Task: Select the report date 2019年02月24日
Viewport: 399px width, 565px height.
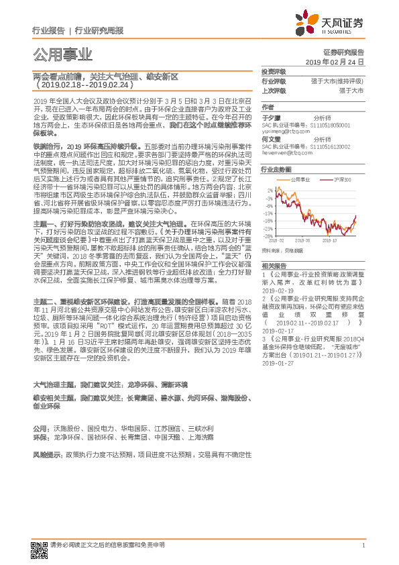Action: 339,62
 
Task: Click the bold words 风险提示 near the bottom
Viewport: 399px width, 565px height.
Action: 46,455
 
